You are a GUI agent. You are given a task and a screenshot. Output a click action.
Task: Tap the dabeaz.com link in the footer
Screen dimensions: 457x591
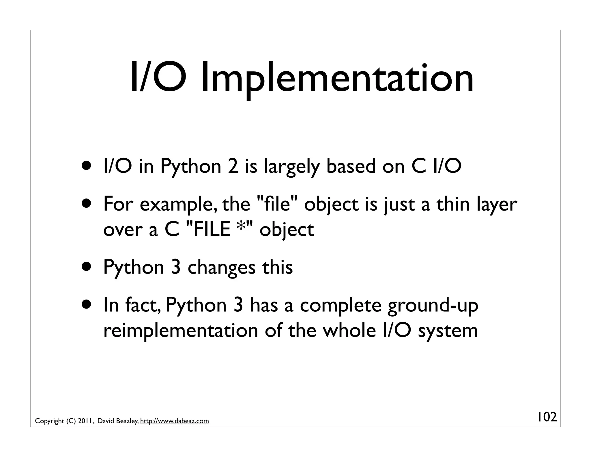point(174,421)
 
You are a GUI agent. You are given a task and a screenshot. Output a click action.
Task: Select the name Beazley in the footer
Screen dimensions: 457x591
point(127,421)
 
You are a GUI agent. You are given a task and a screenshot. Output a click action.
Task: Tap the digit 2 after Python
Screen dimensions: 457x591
point(233,167)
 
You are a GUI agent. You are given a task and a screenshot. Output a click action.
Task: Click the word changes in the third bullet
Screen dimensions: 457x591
point(221,267)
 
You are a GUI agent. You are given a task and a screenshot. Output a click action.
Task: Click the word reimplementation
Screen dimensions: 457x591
point(181,331)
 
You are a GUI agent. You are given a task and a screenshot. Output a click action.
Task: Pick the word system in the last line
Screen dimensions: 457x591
point(448,331)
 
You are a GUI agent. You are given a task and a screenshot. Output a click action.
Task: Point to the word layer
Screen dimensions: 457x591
point(497,205)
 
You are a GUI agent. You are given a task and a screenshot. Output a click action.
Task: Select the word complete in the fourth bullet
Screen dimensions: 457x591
point(341,306)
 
